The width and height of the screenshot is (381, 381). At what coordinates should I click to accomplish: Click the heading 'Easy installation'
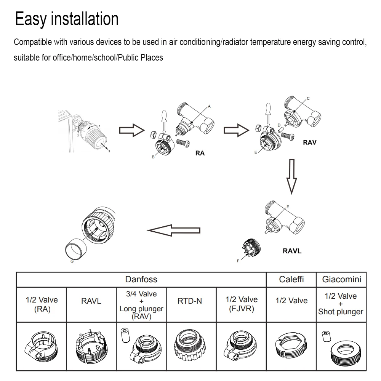pos(67,19)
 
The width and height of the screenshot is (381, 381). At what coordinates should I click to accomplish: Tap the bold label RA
pos(200,153)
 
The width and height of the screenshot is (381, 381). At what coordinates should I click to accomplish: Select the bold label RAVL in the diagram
pos(292,251)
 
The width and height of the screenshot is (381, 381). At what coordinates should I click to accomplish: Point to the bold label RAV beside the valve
pos(309,143)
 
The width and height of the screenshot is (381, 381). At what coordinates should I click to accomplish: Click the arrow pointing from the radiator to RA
pos(132,131)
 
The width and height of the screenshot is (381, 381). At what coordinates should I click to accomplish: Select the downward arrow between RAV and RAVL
pos(292,176)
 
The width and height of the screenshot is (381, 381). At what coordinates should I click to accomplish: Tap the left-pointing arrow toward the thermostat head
pos(174,230)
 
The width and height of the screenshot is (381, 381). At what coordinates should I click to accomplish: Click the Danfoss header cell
pos(141,279)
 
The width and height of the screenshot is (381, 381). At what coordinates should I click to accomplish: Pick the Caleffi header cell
pos(291,279)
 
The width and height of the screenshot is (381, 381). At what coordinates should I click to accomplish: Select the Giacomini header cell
pos(341,279)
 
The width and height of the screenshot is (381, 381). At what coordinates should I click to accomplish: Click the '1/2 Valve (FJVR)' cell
pos(241,304)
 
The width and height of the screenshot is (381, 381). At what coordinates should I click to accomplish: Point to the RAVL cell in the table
pos(91,301)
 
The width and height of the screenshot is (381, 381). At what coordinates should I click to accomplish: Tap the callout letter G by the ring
pos(72,261)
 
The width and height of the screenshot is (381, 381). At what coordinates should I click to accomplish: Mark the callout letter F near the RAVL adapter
pos(239,261)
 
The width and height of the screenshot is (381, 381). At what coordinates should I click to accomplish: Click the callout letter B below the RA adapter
pos(153,157)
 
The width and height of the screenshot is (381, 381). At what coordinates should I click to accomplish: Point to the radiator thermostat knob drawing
pos(93,133)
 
